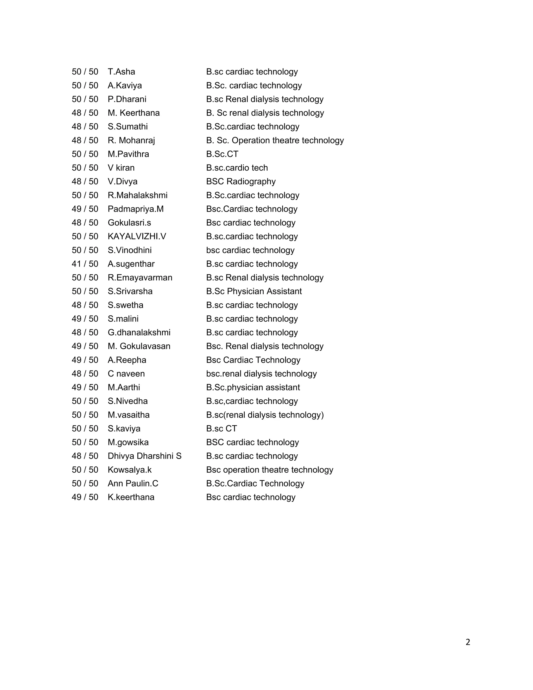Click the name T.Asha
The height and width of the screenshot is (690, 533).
[x=121, y=72]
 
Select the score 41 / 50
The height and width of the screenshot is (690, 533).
[x=85, y=264]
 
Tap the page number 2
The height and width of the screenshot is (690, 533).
[x=468, y=642]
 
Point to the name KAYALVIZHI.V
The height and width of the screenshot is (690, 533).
[x=137, y=236]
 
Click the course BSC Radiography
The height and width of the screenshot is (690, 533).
[x=241, y=181]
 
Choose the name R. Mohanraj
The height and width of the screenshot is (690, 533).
[x=131, y=140]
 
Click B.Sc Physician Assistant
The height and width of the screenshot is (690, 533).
[x=253, y=291]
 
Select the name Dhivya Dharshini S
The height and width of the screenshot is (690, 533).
[x=144, y=456]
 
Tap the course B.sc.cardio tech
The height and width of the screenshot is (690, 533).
[x=237, y=168]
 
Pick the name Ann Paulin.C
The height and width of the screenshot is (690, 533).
[x=133, y=483]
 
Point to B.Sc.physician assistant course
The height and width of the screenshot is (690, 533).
[x=253, y=387]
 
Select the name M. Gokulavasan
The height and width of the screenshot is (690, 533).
[x=139, y=346]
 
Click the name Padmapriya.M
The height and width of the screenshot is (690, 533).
[x=135, y=209]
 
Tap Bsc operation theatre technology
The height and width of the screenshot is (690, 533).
[x=269, y=470]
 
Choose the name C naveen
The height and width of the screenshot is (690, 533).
[x=126, y=374]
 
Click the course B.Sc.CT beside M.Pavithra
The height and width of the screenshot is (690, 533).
[x=222, y=154]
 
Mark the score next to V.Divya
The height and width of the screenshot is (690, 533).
[x=85, y=181]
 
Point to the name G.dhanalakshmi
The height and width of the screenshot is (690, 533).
[x=139, y=332]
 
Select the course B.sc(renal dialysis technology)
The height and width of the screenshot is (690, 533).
[x=265, y=415]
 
